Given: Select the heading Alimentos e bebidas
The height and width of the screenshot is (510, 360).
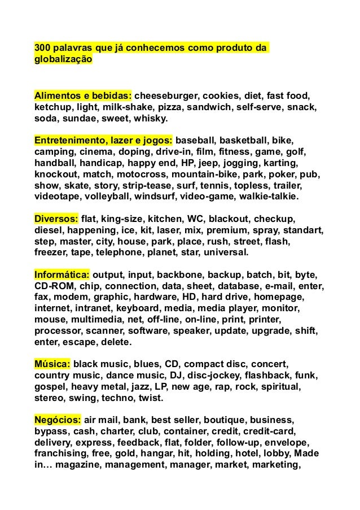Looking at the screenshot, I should (x=83, y=94).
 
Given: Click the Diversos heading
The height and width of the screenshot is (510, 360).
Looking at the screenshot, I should (x=56, y=219).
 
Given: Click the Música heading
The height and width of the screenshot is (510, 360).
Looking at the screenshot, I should (x=52, y=364).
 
